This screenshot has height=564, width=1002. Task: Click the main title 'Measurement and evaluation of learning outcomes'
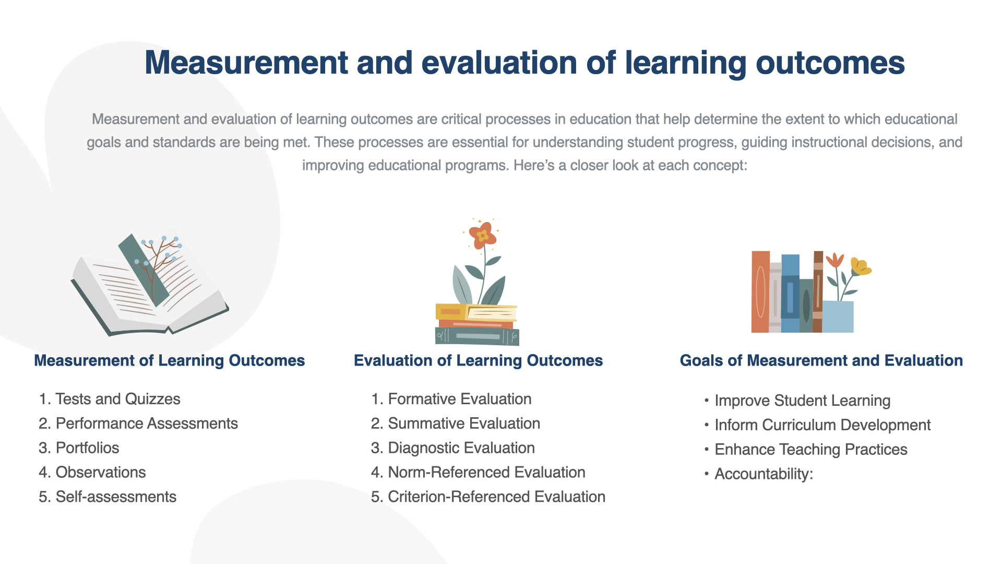524,63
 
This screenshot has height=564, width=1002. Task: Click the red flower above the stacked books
483,236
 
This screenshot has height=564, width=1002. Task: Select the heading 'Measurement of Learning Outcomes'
170,360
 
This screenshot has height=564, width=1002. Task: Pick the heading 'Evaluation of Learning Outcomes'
479,360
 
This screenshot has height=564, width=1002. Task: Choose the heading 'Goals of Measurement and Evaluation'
821,360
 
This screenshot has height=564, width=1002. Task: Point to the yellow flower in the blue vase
860,266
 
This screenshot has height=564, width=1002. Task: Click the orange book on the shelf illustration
760,292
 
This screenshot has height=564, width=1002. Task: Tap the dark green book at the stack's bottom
477,336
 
